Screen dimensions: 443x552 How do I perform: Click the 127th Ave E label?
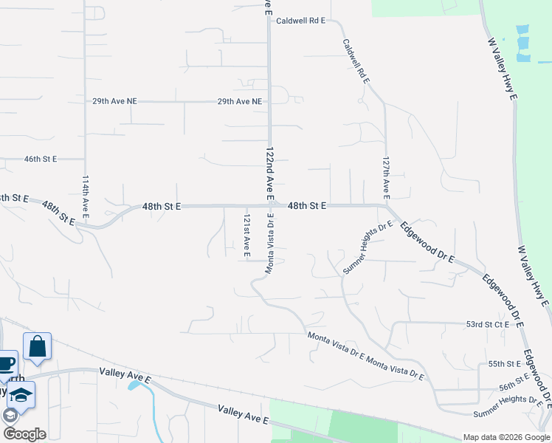pos(386,177)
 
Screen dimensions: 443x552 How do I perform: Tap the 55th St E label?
pos(505,364)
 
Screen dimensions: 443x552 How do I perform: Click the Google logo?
pos(24,434)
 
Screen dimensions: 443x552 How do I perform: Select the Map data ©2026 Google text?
pos(506,437)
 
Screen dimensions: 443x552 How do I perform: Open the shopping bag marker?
pos(37,346)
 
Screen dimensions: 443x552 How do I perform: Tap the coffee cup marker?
pos(6,363)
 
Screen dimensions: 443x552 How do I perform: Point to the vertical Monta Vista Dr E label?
pos(271,246)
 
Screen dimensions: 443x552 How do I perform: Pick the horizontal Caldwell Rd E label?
pos(300,21)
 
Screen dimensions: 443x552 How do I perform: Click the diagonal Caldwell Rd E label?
pos(356,61)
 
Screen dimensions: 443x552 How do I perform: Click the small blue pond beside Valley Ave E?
pos(135,384)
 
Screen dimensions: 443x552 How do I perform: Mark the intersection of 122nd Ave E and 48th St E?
pos(270,206)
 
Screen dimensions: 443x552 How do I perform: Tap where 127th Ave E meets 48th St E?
pos(385,205)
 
